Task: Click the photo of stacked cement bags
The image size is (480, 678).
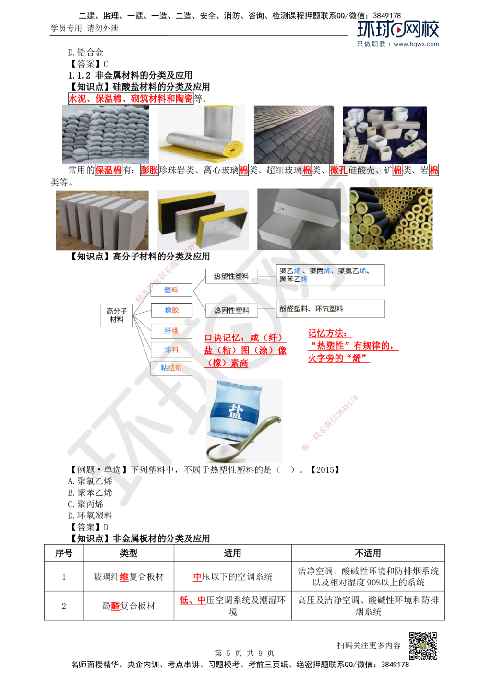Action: tap(105, 134)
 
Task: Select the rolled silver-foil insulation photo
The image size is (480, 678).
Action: tap(201, 134)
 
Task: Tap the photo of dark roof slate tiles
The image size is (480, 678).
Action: tap(295, 134)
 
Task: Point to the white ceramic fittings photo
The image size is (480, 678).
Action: tap(386, 134)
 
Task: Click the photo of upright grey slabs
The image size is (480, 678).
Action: tap(101, 220)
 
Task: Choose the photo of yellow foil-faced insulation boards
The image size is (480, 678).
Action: tap(201, 220)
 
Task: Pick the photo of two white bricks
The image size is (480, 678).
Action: tap(299, 220)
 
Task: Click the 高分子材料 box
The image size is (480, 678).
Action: tap(117, 315)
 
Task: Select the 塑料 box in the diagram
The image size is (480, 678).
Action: tap(171, 290)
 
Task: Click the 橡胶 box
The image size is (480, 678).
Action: tap(171, 310)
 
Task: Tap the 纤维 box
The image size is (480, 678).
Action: tap(171, 331)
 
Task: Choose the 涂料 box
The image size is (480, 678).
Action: tap(171, 350)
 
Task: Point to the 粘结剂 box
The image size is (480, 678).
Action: tap(171, 368)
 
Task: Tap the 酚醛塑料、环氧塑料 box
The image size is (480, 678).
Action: tap(331, 309)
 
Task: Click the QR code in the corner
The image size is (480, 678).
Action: tap(422, 646)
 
